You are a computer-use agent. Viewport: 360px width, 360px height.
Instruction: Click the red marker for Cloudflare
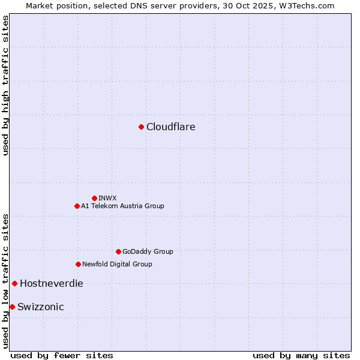tap(141, 127)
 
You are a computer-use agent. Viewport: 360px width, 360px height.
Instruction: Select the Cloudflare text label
tap(171, 127)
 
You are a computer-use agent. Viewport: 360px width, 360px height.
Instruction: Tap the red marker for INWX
tap(94, 198)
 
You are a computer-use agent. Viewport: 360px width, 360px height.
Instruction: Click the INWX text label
tap(108, 198)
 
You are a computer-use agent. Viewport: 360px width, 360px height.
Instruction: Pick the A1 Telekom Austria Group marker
tap(77, 206)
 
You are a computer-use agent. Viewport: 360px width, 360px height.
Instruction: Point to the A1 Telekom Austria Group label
tap(122, 206)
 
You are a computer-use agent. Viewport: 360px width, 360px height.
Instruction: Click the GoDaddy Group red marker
tap(118, 251)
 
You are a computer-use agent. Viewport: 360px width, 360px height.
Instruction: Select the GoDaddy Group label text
tap(148, 251)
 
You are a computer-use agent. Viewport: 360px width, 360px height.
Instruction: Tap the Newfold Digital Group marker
tap(78, 264)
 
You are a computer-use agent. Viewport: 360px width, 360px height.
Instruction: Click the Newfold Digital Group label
tap(117, 264)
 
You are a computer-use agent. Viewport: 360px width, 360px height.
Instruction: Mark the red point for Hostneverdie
tap(14, 283)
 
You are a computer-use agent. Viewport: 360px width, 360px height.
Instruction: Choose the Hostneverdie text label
tap(52, 283)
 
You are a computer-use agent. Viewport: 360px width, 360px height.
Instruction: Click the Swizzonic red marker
tap(12, 307)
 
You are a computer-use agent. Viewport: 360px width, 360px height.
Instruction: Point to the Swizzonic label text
tap(41, 307)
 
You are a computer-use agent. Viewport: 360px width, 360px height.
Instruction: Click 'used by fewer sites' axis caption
tap(62, 355)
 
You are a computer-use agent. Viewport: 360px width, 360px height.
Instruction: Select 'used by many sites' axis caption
tap(301, 355)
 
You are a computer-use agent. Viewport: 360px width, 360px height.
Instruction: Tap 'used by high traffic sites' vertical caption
tap(5, 85)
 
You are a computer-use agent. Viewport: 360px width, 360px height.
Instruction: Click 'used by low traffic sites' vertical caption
tap(5, 280)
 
